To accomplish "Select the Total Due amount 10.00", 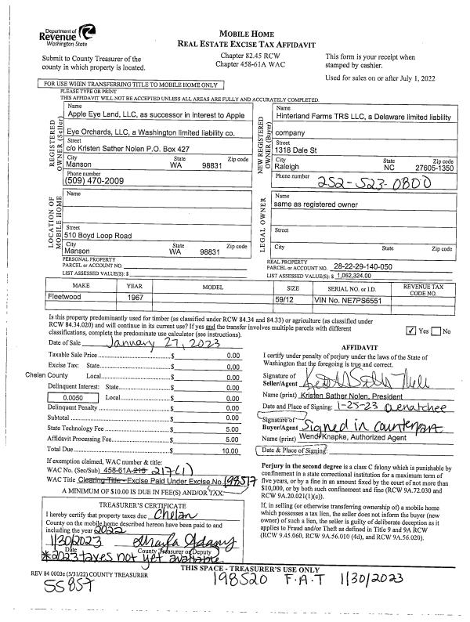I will pos(232,450).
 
